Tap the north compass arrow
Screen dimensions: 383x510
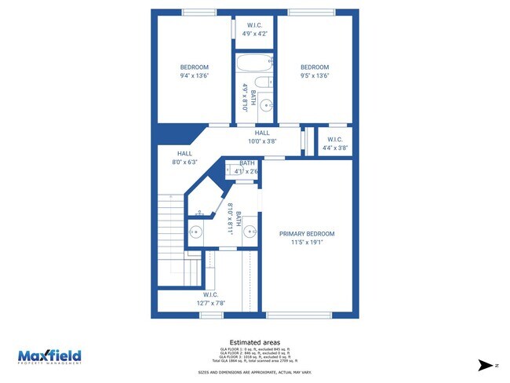point(490,366)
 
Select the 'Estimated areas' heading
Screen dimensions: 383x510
point(255,342)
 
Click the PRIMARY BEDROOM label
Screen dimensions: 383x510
point(308,234)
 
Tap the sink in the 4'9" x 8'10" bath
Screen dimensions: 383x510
point(265,104)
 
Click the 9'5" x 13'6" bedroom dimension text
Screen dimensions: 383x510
point(315,76)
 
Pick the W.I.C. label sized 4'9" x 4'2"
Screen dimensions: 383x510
point(254,34)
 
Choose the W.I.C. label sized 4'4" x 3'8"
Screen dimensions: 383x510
point(332,148)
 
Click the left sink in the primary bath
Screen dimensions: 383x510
point(195,232)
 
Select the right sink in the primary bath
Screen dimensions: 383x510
point(250,232)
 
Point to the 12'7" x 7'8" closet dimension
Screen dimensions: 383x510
point(210,303)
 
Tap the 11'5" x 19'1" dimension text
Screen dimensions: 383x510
point(308,243)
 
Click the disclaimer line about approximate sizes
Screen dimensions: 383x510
point(255,372)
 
